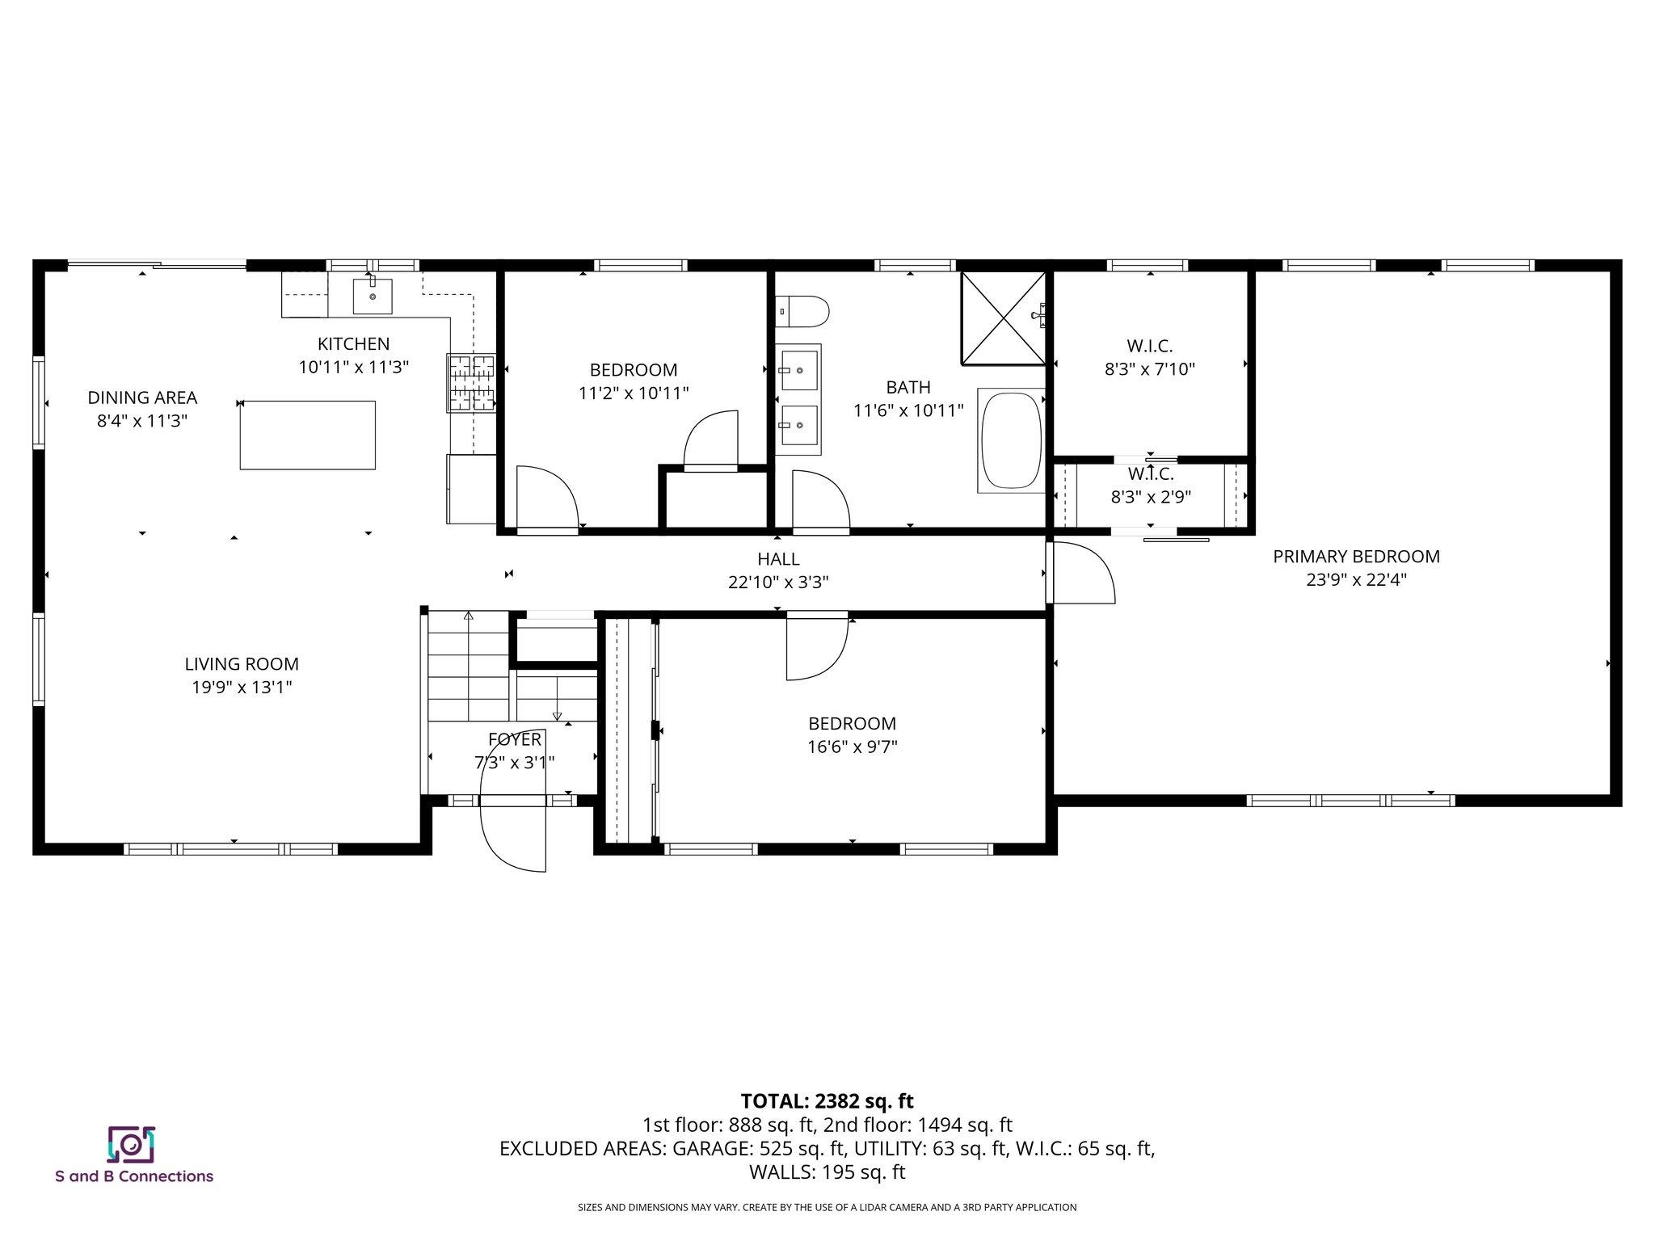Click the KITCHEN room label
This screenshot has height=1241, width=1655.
[x=353, y=343]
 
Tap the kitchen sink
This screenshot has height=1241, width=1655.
[x=373, y=296]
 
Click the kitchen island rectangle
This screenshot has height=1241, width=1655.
[x=307, y=435]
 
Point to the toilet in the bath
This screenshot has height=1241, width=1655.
[x=803, y=312]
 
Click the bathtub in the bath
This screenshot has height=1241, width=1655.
[x=1010, y=440]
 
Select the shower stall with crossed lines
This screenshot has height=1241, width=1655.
[x=1002, y=318]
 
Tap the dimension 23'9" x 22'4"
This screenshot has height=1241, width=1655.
[x=1356, y=579]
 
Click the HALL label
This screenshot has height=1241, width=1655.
[x=778, y=559]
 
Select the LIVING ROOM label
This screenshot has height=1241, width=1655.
[x=242, y=664]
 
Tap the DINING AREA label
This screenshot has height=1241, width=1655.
[x=142, y=398]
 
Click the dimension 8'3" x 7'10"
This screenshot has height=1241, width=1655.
[x=1149, y=369]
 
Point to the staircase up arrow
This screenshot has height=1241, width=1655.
[x=468, y=616]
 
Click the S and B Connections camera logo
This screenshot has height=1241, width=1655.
[x=131, y=1144]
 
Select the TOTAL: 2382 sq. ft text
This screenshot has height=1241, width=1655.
[x=827, y=1101]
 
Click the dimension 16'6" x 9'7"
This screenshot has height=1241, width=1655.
[x=852, y=747]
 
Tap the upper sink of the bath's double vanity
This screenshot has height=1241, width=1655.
[x=799, y=370]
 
